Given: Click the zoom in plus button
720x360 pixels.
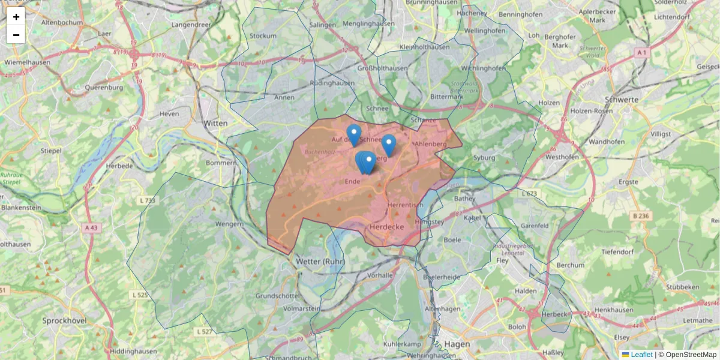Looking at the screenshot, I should click(16, 17).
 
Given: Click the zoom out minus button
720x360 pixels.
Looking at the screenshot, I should click(16, 35).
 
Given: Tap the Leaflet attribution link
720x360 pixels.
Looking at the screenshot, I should click(641, 355).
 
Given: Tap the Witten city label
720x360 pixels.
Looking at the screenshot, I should click(216, 123).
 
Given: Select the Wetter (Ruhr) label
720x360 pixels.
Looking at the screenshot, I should click(319, 262).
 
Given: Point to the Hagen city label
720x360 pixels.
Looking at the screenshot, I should click(458, 344).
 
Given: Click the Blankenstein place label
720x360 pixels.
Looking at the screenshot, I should click(21, 208).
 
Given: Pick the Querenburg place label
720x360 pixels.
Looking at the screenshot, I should click(103, 87).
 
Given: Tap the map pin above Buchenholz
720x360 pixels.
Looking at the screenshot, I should click(354, 134).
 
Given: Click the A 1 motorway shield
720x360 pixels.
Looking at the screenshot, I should click(642, 53).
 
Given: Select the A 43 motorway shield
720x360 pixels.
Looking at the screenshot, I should click(91, 228).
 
